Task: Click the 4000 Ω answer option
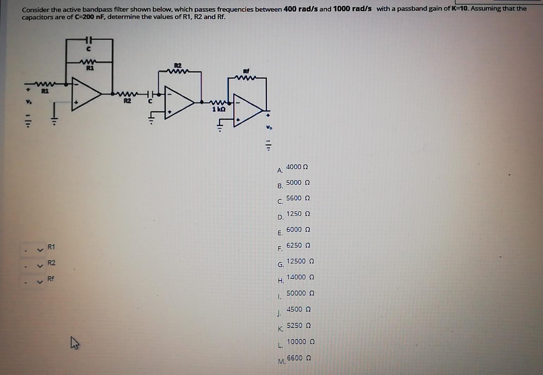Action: (x=296, y=167)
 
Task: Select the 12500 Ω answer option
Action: (x=300, y=261)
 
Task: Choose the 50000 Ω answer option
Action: (x=300, y=293)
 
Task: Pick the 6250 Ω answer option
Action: (x=298, y=245)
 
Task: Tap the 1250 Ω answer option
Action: (x=298, y=214)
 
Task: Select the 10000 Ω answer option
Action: (x=300, y=342)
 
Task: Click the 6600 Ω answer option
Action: (x=298, y=358)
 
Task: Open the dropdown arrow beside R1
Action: (x=40, y=250)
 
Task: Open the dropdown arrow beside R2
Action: (x=40, y=266)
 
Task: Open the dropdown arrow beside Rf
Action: (x=40, y=282)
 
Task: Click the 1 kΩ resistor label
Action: (x=218, y=110)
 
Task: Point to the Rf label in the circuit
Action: (x=246, y=71)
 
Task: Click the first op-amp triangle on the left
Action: (x=85, y=94)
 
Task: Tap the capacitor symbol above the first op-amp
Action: (x=89, y=39)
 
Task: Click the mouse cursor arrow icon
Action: (x=74, y=343)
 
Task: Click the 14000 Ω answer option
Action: (x=300, y=277)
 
